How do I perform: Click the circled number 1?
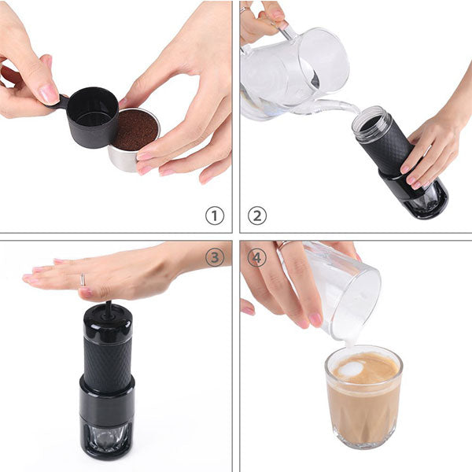tap(215, 215)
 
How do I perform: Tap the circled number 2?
tap(257, 215)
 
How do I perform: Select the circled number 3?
tap(215, 257)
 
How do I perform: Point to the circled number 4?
tap(257, 257)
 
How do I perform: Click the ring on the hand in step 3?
tap(82, 280)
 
